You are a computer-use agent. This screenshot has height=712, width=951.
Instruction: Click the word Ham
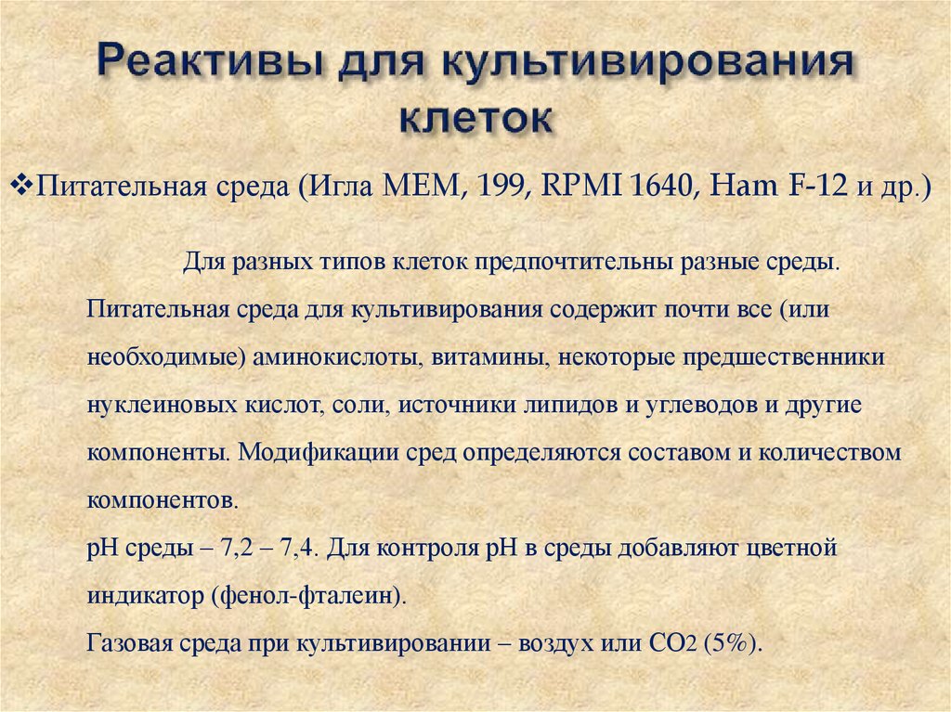[x=741, y=187]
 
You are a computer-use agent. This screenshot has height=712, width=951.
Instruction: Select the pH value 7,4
[x=300, y=548]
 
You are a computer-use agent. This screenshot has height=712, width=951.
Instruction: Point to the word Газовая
[x=123, y=643]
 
